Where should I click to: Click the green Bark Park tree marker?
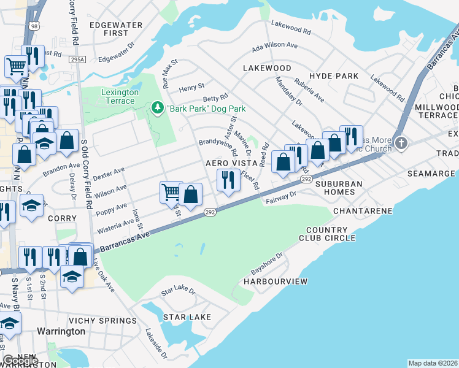click(x=158, y=109)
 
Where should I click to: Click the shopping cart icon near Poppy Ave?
click(x=170, y=192)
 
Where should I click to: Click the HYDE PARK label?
click(x=334, y=75)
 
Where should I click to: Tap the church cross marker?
click(x=401, y=143)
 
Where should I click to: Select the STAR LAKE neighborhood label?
click(x=187, y=317)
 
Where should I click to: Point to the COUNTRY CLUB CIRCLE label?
click(x=327, y=234)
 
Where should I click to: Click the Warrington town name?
click(x=61, y=331)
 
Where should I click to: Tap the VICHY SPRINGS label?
click(x=102, y=321)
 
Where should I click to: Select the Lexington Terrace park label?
click(x=120, y=96)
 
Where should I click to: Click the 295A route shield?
click(x=77, y=59)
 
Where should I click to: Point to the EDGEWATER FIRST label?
click(x=116, y=29)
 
